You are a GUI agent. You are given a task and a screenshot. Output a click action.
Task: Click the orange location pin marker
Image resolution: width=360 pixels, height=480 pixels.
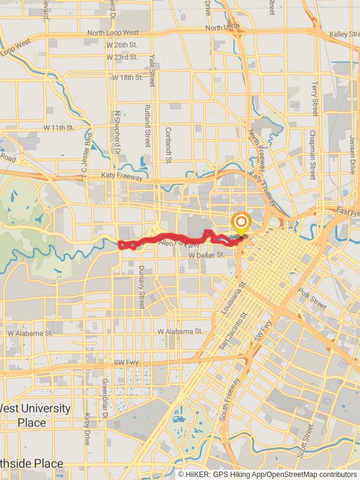coord(241,224)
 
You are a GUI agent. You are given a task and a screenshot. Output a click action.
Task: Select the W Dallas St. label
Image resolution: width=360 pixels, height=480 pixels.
coord(206,255)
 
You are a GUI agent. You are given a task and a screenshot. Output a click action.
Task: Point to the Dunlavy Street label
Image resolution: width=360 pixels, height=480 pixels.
coord(142,287)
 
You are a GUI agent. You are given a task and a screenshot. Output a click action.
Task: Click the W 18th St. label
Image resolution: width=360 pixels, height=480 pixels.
coord(127,77)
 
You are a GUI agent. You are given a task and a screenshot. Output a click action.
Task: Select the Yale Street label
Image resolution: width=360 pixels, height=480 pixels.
coord(152,68)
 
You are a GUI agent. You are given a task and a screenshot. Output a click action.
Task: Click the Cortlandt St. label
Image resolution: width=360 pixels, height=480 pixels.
coord(169,145)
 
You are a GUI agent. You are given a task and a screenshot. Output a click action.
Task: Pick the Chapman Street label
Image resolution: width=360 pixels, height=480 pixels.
coord(313,155)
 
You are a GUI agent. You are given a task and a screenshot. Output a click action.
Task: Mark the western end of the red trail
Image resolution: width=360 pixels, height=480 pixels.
coord(120,244)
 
